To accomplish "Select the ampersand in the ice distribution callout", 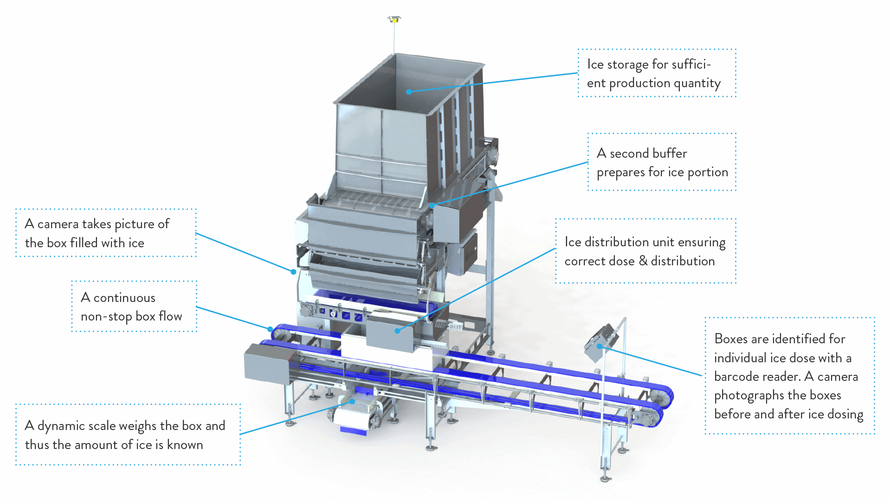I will point(643,261).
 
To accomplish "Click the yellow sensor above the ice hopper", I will point(394,19).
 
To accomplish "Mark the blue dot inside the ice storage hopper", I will point(409,92).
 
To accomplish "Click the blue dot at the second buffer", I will point(432,205).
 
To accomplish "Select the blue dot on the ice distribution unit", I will point(397,331).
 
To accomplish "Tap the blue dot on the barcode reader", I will point(599,346).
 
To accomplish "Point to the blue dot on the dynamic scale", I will point(353,401).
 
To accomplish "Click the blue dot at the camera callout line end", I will point(293,272).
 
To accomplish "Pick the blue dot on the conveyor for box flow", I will point(271,329).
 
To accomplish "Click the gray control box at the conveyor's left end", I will point(267,363).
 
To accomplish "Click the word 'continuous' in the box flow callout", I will point(124,298).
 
